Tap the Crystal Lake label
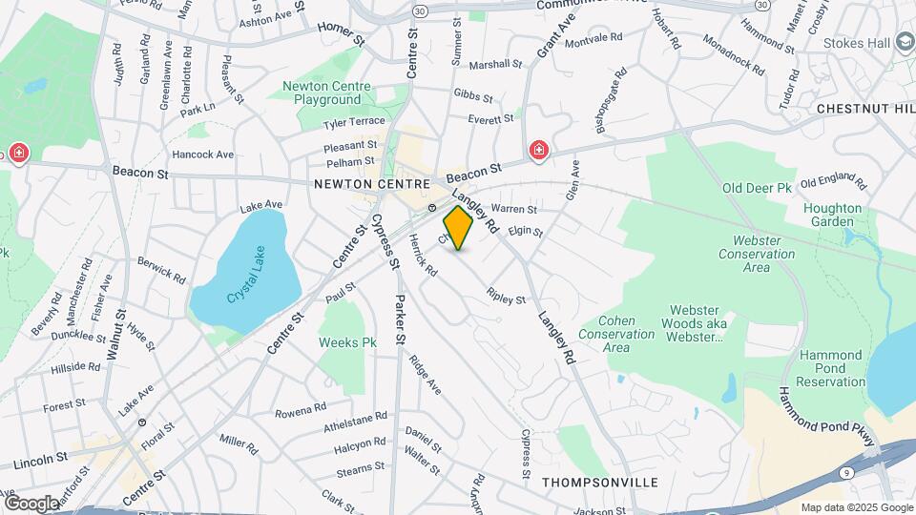tap(244, 283)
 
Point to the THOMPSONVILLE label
tap(599, 483)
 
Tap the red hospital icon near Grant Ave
tap(539, 151)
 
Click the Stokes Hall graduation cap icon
tap(903, 45)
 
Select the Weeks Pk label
tap(347, 341)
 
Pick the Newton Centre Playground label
tap(327, 93)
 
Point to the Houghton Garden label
tap(832, 215)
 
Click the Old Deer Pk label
tap(758, 189)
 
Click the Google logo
tap(31, 503)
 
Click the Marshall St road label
tap(495, 65)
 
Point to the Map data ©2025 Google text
tap(857, 507)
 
